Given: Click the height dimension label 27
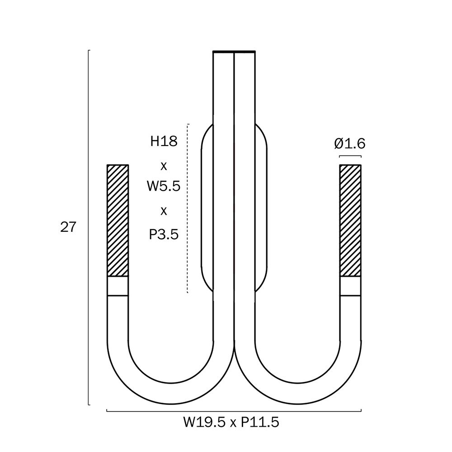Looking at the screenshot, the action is click(x=68, y=227).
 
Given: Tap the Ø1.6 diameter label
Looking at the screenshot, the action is click(x=350, y=144).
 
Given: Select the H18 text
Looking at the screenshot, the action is click(x=164, y=141).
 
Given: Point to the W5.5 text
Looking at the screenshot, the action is click(x=164, y=186).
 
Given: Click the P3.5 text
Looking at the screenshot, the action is click(x=164, y=234).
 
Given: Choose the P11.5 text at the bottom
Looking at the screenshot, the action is click(x=260, y=423).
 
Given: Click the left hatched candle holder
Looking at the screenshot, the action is click(x=118, y=221).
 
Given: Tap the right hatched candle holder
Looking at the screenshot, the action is click(x=350, y=221).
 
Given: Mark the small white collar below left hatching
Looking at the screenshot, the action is click(x=118, y=286).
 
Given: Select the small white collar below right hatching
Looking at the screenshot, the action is click(x=350, y=286).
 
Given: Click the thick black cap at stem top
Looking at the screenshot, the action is click(x=234, y=52).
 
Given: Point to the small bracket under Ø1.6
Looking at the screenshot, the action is click(x=350, y=156).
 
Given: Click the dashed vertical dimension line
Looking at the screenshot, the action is click(x=188, y=208).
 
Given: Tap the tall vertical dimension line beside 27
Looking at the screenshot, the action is click(x=89, y=227).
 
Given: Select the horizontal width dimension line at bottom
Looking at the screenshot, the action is click(x=234, y=411).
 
